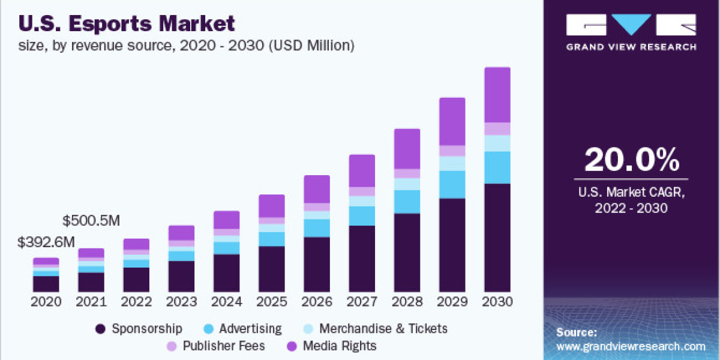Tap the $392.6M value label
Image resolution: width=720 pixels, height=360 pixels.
[x=46, y=242]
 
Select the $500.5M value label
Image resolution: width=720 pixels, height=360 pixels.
[x=91, y=220]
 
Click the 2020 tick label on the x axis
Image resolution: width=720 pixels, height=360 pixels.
[x=46, y=301]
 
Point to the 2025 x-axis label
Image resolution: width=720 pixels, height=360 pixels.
[x=271, y=301]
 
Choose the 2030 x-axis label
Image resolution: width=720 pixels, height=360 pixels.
[x=497, y=301]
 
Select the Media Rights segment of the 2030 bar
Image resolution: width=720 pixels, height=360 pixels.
[x=497, y=95]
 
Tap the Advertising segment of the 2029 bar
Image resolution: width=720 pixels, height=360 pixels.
[x=452, y=184]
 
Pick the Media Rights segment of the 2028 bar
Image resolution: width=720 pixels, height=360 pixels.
[x=407, y=149]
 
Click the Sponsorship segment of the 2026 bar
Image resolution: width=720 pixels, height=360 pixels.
[x=316, y=264]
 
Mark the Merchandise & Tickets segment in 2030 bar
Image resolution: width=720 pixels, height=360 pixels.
[x=497, y=143]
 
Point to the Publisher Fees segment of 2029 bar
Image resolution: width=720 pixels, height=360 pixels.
[x=452, y=151]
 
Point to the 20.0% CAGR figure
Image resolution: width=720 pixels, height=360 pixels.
[x=631, y=160]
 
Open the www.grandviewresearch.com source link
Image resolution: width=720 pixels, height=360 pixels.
[x=631, y=346]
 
